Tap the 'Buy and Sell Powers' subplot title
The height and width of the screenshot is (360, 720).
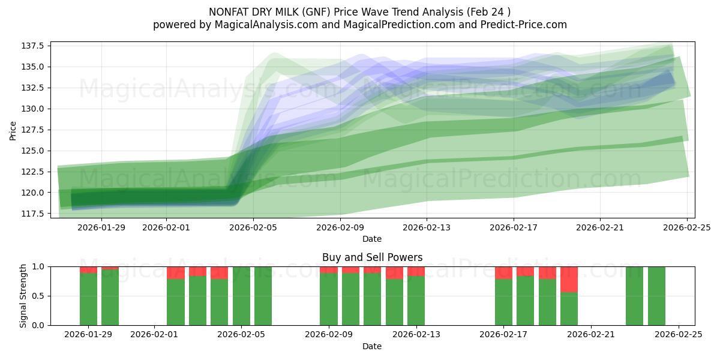372,257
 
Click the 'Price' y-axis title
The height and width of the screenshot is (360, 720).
13,130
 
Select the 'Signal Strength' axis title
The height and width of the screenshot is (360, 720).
24,296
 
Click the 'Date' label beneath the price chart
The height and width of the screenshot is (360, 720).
372,239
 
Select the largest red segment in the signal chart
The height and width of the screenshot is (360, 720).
569,280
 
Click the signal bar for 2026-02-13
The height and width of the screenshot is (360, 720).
416,300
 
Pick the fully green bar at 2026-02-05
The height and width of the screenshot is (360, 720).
241,296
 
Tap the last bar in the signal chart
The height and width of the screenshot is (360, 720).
656,296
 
